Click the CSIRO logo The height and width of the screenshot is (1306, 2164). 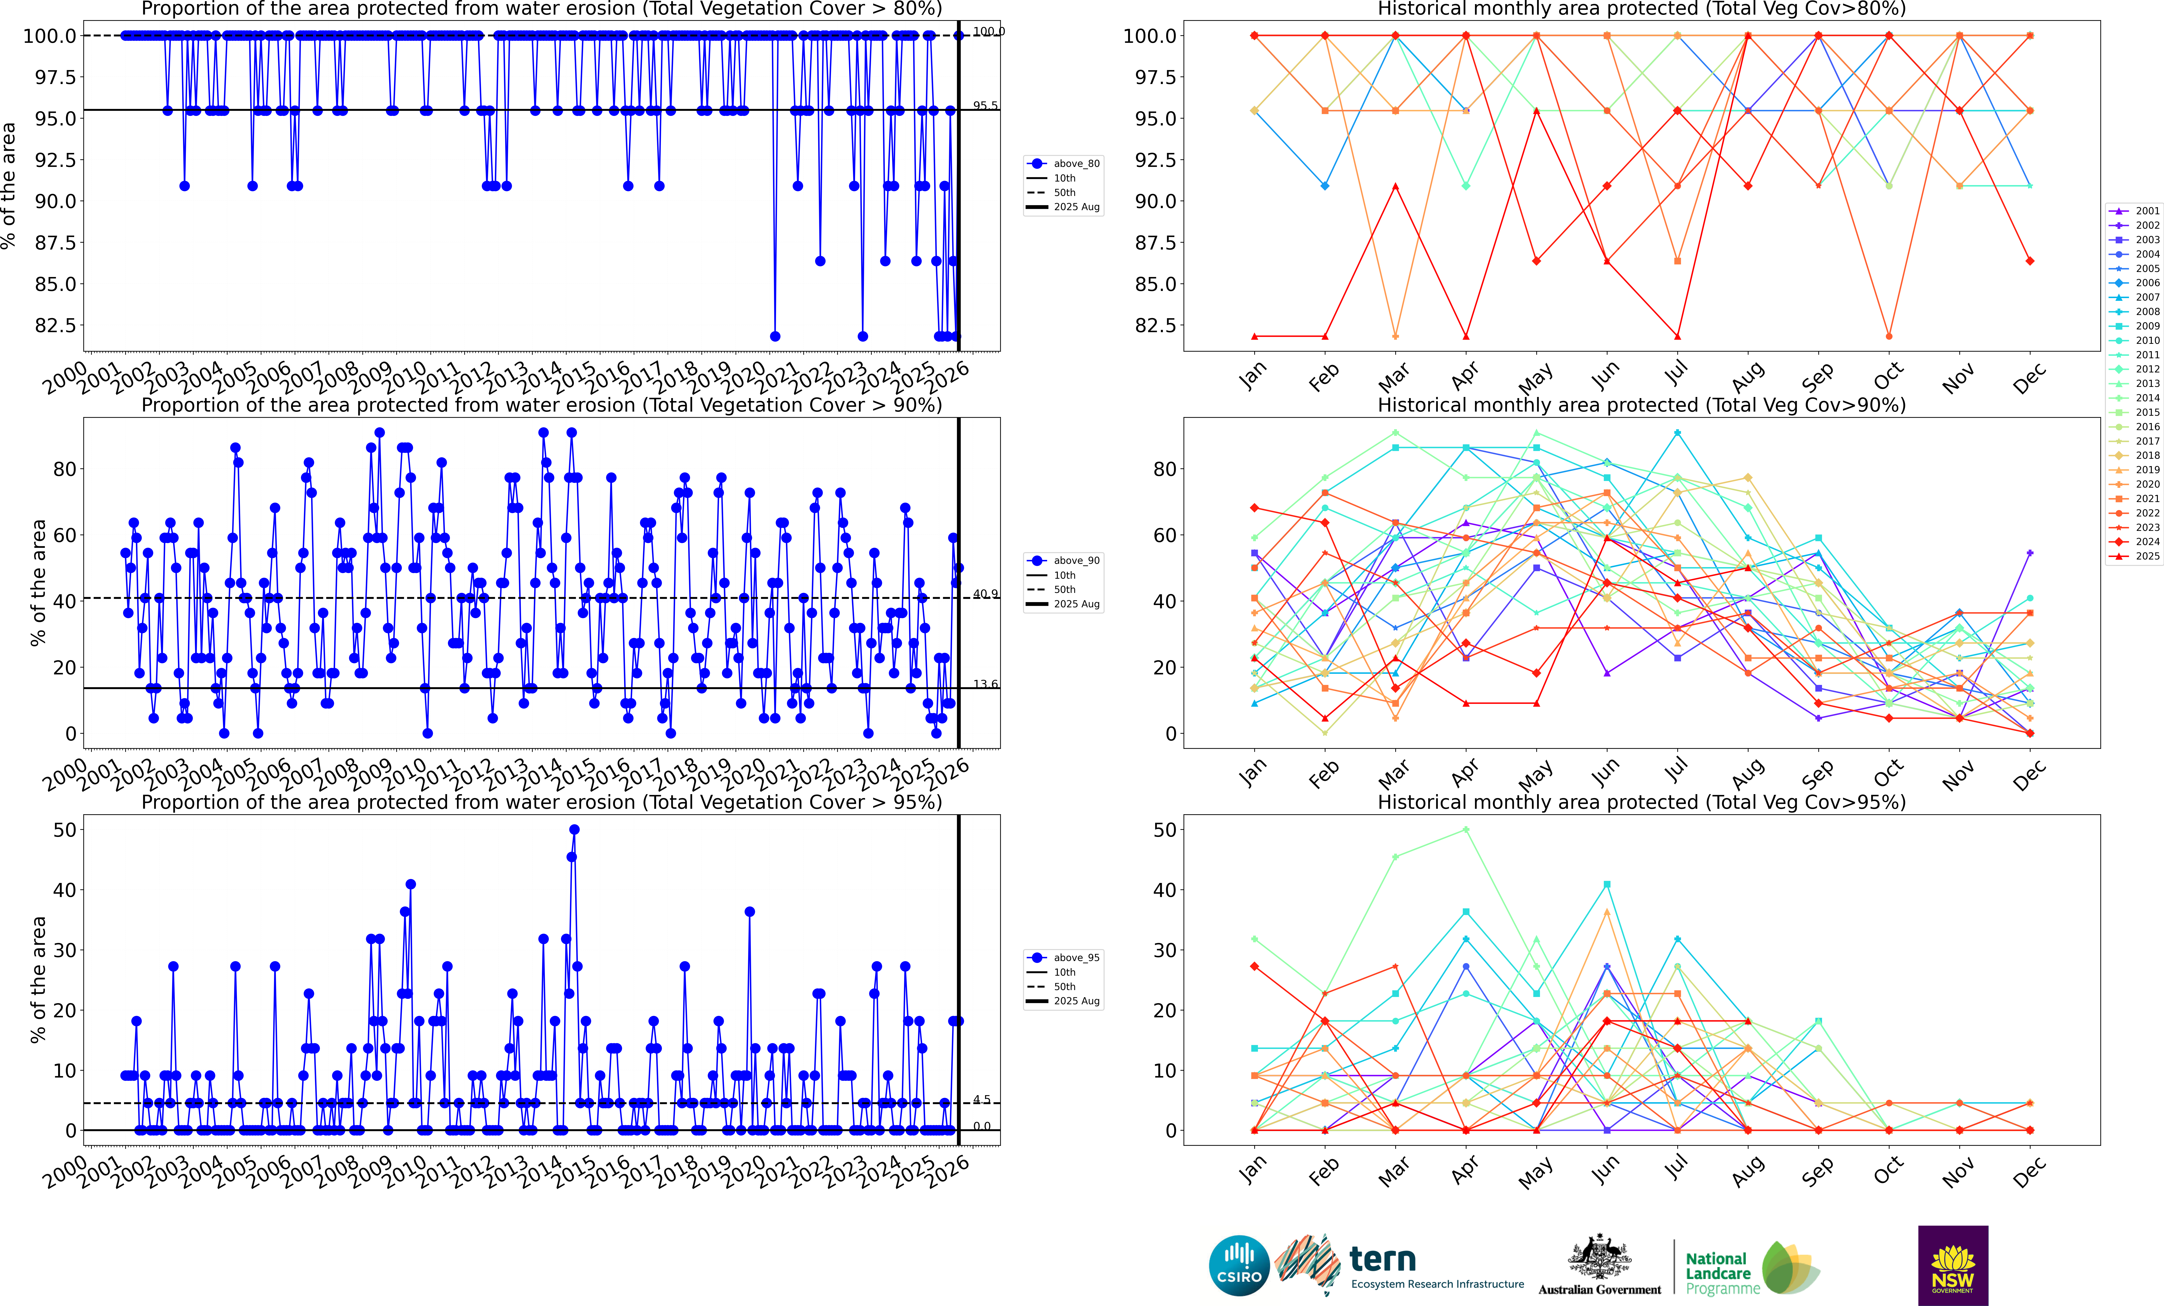(x=1238, y=1266)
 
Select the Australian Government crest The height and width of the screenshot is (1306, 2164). (x=1599, y=1258)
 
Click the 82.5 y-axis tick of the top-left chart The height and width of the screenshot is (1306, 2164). (x=54, y=325)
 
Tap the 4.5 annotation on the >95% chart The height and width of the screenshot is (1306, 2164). (x=981, y=1100)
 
